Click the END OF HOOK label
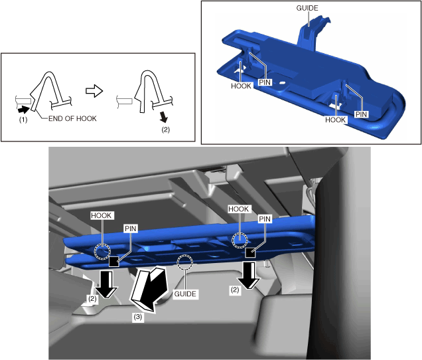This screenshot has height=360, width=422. pos(72,119)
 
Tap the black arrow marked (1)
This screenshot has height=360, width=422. pos(23,110)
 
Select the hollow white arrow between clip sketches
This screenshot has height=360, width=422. pos(94,91)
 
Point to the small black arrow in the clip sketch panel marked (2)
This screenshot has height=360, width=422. pos(163,117)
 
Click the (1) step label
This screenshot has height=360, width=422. pos(23,120)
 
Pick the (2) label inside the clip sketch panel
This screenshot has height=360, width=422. pos(165,130)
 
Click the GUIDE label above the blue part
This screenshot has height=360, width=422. pos(307,8)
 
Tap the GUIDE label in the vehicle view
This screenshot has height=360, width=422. pos(185,294)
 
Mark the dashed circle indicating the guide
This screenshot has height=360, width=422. pos(184,262)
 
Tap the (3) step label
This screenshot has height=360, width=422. pos(138,317)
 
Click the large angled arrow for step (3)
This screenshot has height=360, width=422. pos(148,288)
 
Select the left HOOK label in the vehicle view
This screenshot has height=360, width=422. pos(102,216)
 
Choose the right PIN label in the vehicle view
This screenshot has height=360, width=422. pos(265,219)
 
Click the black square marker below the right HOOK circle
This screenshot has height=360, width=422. pos(250,253)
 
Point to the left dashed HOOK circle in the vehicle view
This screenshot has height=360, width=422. pos(102,251)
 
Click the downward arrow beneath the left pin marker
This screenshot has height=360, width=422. pos(106,284)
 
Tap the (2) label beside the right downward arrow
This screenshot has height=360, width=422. pos(235,290)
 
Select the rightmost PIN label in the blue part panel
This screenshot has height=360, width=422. pos(361,114)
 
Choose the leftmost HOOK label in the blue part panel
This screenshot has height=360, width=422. pos(241,86)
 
